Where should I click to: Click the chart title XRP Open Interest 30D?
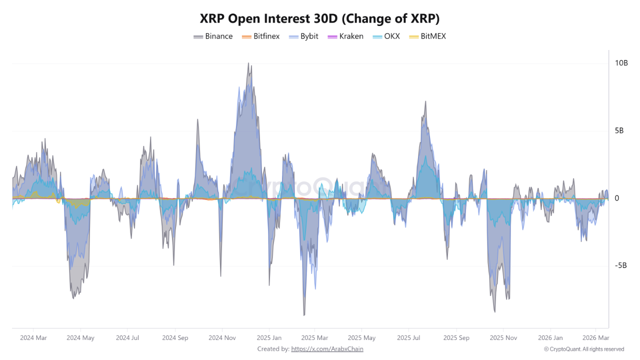(x=319, y=18)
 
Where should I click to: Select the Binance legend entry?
(x=213, y=36)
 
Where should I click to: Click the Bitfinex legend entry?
(x=260, y=36)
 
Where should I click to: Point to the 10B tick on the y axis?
(x=621, y=63)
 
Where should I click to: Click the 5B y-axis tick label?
(x=619, y=131)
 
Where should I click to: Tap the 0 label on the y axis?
(x=616, y=198)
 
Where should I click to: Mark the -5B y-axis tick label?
(x=620, y=265)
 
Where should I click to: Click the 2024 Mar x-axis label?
(x=33, y=338)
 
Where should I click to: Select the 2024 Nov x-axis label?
(x=222, y=338)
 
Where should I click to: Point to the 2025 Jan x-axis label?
(x=269, y=338)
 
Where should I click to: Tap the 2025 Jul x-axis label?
(x=408, y=338)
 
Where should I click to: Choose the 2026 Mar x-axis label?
(x=596, y=338)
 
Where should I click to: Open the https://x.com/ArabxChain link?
(x=327, y=349)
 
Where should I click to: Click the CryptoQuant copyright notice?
(x=584, y=349)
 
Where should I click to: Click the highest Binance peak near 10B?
(x=249, y=63)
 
